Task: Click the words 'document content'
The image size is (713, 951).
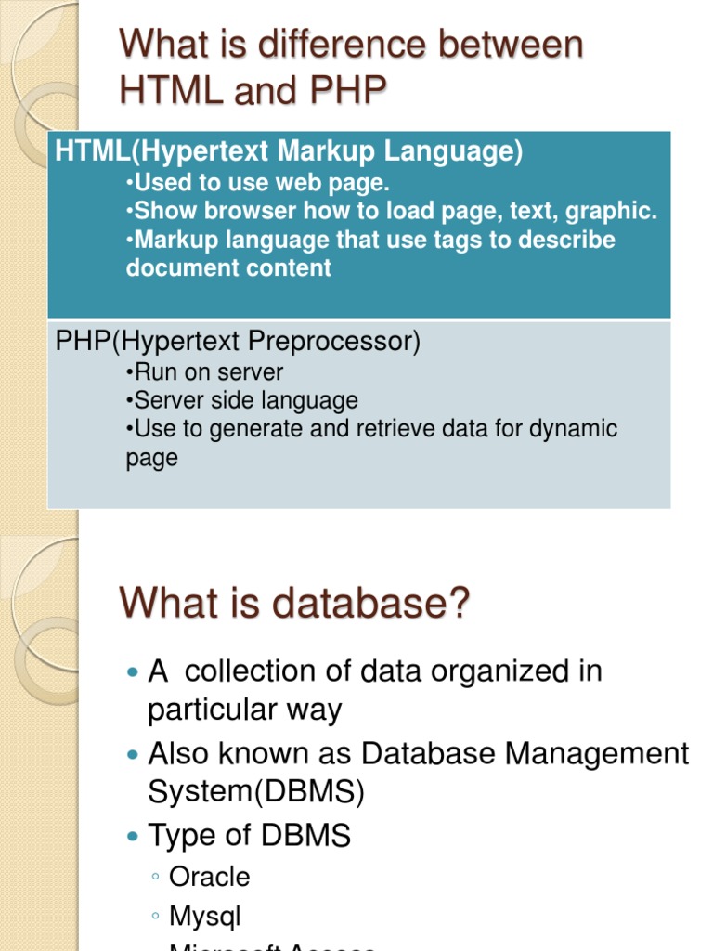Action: [x=228, y=268]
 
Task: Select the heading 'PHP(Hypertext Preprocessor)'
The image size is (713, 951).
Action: [x=238, y=342]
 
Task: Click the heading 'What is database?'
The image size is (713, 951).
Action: [x=295, y=605]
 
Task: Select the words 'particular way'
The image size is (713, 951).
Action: [x=245, y=710]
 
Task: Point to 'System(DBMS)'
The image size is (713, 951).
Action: [x=256, y=792]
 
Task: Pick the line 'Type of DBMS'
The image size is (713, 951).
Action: [x=249, y=836]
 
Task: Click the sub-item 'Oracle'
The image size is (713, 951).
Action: [x=209, y=877]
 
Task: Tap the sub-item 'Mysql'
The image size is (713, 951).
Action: [x=204, y=917]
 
